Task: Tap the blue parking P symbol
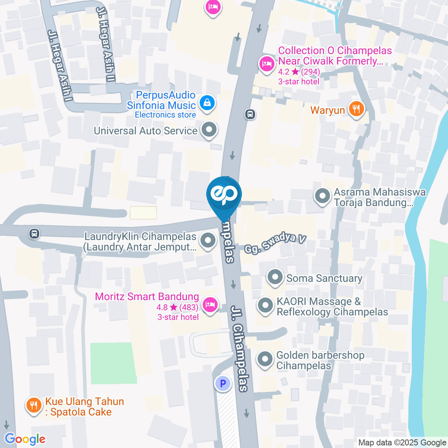click(223, 384)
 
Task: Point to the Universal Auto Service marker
click(209, 130)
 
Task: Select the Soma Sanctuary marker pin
click(275, 278)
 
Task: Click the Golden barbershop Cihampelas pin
click(266, 359)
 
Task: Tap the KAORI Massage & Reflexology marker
click(266, 306)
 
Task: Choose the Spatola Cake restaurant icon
click(34, 405)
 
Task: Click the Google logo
click(25, 439)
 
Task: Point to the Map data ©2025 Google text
click(402, 442)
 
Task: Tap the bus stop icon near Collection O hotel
click(251, 113)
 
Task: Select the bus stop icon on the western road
click(34, 233)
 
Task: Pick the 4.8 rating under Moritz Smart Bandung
click(167, 307)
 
